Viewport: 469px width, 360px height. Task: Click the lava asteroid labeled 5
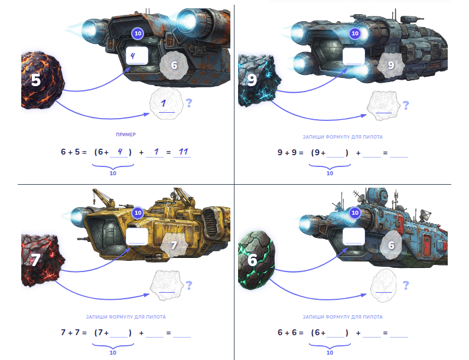point(42,80)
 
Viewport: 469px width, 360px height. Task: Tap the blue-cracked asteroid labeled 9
point(259,80)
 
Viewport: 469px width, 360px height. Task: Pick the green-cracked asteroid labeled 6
point(256,260)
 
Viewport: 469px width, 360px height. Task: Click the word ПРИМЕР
point(126,135)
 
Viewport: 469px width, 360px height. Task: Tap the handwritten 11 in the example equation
point(183,152)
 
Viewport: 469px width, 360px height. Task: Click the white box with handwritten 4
point(137,55)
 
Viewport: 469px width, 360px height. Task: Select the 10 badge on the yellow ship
point(138,212)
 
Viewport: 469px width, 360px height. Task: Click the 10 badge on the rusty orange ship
point(138,33)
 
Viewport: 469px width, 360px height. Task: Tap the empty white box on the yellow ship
point(137,236)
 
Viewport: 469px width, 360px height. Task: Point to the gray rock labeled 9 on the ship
point(390,65)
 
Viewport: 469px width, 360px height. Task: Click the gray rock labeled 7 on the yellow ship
point(174,246)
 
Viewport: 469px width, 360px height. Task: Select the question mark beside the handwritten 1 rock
point(189,103)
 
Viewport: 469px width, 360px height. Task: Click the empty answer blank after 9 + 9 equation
point(399,153)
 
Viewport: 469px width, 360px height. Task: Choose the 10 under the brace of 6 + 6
point(330,352)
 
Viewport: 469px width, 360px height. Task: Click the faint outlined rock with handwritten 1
point(167,104)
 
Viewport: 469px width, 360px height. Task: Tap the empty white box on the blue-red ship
point(354,236)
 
